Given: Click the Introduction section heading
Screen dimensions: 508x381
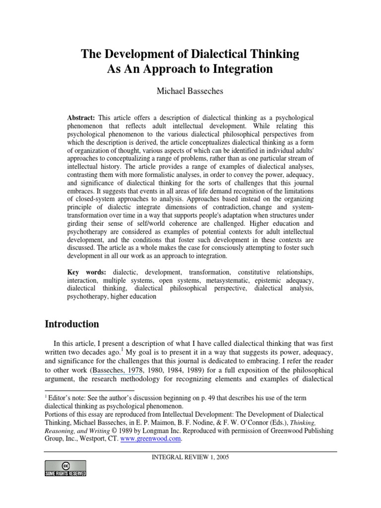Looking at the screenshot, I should (x=72, y=324).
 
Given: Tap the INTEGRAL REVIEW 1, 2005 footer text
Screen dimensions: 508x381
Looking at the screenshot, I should (x=190, y=457).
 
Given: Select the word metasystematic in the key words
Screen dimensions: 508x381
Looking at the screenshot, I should (x=203, y=280).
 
